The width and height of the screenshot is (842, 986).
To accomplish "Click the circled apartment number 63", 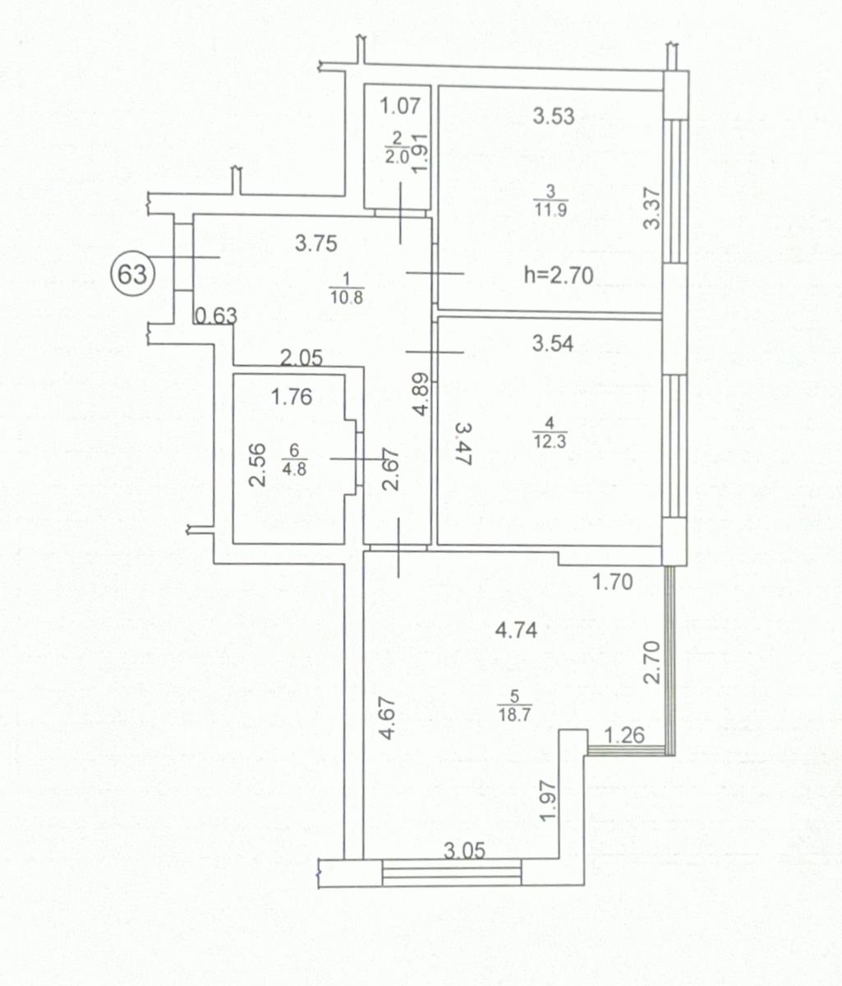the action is pyautogui.click(x=132, y=274).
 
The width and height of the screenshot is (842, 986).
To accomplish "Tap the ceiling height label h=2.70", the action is pyautogui.click(x=559, y=275).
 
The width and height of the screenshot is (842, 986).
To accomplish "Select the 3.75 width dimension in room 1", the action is pyautogui.click(x=315, y=244).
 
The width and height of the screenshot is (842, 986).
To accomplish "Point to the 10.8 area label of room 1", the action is pyautogui.click(x=347, y=297).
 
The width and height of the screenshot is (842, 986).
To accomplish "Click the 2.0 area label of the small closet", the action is pyautogui.click(x=397, y=157).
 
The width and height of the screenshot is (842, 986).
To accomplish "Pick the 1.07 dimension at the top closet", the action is pyautogui.click(x=400, y=105).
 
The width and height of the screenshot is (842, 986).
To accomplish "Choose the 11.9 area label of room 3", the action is pyautogui.click(x=550, y=209).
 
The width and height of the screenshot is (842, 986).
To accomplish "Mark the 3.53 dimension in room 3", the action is pyautogui.click(x=553, y=116).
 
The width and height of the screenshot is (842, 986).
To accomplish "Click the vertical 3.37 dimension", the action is pyautogui.click(x=651, y=209).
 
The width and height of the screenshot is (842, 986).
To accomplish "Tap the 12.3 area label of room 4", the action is pyautogui.click(x=550, y=440).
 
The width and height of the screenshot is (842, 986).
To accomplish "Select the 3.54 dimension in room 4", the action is pyautogui.click(x=553, y=343).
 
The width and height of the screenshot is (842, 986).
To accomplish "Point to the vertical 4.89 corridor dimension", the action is pyautogui.click(x=421, y=394).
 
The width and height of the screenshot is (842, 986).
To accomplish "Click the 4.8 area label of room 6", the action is pyautogui.click(x=294, y=469).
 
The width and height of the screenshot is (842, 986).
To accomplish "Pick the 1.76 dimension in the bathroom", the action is pyautogui.click(x=292, y=396).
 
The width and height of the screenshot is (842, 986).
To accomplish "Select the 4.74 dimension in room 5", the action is pyautogui.click(x=516, y=630).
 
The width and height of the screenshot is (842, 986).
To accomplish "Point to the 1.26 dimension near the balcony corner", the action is pyautogui.click(x=624, y=735).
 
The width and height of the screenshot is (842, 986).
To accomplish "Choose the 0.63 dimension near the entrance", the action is pyautogui.click(x=216, y=316).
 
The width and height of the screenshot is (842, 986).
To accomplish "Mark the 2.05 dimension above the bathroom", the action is pyautogui.click(x=301, y=357).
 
